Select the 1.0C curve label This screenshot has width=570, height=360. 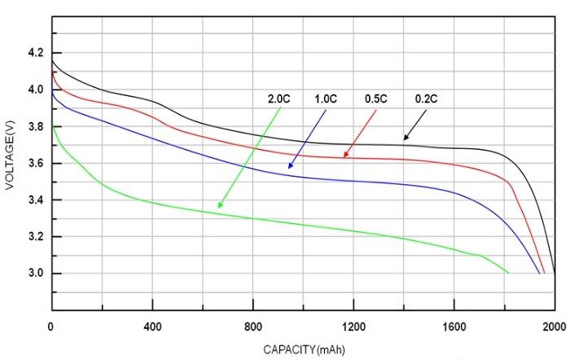[327, 99]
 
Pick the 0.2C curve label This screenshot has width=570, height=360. [427, 99]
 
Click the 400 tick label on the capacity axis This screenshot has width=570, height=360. [152, 327]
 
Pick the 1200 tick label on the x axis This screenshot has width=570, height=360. [353, 327]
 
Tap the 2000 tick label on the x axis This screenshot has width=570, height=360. [554, 327]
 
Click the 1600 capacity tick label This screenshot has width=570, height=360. [454, 327]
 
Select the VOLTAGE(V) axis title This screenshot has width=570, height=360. [11, 163]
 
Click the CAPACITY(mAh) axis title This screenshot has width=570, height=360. [303, 349]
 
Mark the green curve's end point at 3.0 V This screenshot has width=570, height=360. [508, 273]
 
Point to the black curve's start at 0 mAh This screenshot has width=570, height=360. [51, 60]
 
